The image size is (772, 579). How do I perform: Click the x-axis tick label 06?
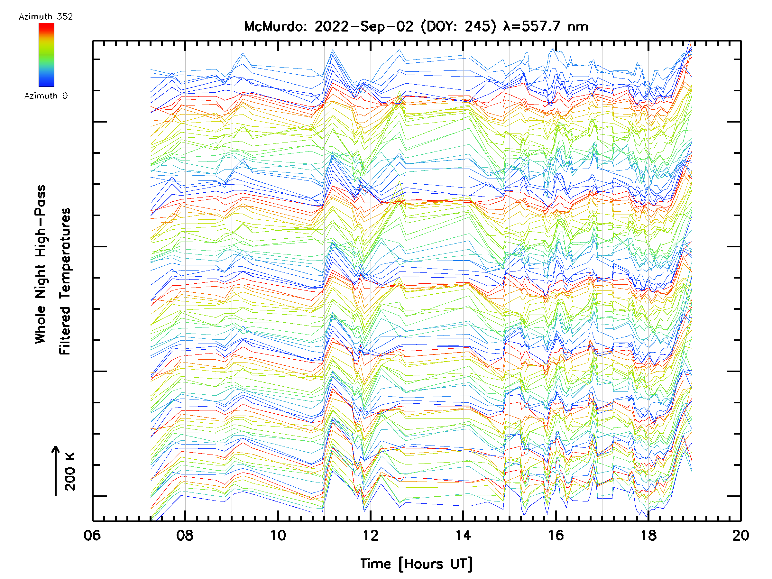[x=92, y=535]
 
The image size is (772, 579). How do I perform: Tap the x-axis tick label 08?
[x=185, y=535]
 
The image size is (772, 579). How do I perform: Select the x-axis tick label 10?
[x=278, y=535]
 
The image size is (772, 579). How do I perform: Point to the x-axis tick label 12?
[x=370, y=535]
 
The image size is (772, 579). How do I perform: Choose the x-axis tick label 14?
[x=463, y=535]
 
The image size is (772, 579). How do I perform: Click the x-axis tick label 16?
[x=556, y=535]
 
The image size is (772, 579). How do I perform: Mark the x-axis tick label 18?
[x=648, y=535]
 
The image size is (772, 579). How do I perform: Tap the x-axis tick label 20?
[x=740, y=535]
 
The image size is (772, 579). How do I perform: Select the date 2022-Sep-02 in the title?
[x=364, y=26]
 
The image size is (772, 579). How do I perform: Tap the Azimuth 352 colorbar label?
[x=46, y=17]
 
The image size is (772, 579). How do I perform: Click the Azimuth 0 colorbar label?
[x=46, y=96]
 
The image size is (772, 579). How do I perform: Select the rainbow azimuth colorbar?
[x=46, y=55]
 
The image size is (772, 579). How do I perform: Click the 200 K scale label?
[x=70, y=472]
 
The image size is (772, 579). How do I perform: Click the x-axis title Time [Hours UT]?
[x=416, y=564]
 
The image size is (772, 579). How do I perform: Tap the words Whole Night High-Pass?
[x=41, y=264]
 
